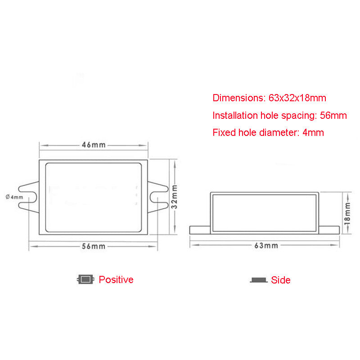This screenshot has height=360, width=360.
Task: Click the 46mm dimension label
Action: coord(93,145)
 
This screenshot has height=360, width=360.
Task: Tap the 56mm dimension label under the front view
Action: coord(93,246)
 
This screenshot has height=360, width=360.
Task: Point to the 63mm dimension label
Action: coord(266,245)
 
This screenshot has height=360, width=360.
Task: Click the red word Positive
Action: coord(116,279)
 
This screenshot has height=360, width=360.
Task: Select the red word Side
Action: coord(280,280)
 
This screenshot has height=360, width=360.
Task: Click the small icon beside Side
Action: coord(258,280)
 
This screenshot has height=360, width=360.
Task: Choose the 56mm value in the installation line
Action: coord(333,115)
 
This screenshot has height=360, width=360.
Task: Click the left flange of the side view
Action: coord(200,230)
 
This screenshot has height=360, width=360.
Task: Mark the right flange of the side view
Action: coord(329,230)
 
